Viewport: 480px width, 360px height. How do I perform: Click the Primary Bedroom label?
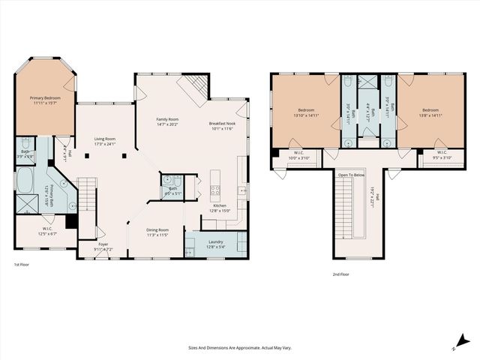pos(45,98)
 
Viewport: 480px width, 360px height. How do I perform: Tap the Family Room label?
pos(167,119)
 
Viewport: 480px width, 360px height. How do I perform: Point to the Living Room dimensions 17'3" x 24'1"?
pos(104,144)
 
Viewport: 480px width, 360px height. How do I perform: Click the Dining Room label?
pos(157,229)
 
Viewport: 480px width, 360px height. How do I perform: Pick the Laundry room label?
pos(215,241)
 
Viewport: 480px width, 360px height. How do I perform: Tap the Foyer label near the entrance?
pos(103,244)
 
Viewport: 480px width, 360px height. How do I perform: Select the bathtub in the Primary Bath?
pos(24,180)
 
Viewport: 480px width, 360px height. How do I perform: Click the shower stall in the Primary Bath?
pos(25,202)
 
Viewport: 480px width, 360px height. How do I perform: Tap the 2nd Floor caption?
pos(341,274)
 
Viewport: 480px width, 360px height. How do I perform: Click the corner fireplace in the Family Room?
pos(190,87)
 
